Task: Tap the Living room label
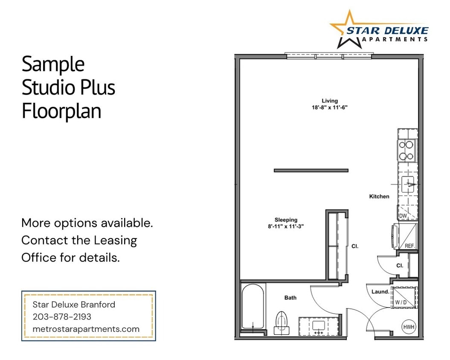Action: click(330, 101)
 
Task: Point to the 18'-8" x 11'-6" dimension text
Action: click(330, 108)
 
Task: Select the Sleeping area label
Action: click(286, 220)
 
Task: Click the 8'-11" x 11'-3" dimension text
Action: click(286, 227)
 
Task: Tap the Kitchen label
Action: click(379, 197)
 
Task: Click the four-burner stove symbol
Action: click(407, 150)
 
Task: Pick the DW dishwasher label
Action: click(403, 216)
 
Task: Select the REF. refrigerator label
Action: click(409, 246)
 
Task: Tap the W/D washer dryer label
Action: click(401, 302)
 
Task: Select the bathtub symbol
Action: click(253, 306)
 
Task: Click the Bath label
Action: click(290, 298)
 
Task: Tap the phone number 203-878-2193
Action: click(62, 317)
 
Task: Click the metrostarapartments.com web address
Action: click(86, 329)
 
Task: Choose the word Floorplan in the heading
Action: click(61, 111)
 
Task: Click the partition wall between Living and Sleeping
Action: click(311, 171)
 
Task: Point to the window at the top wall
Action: click(329, 56)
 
